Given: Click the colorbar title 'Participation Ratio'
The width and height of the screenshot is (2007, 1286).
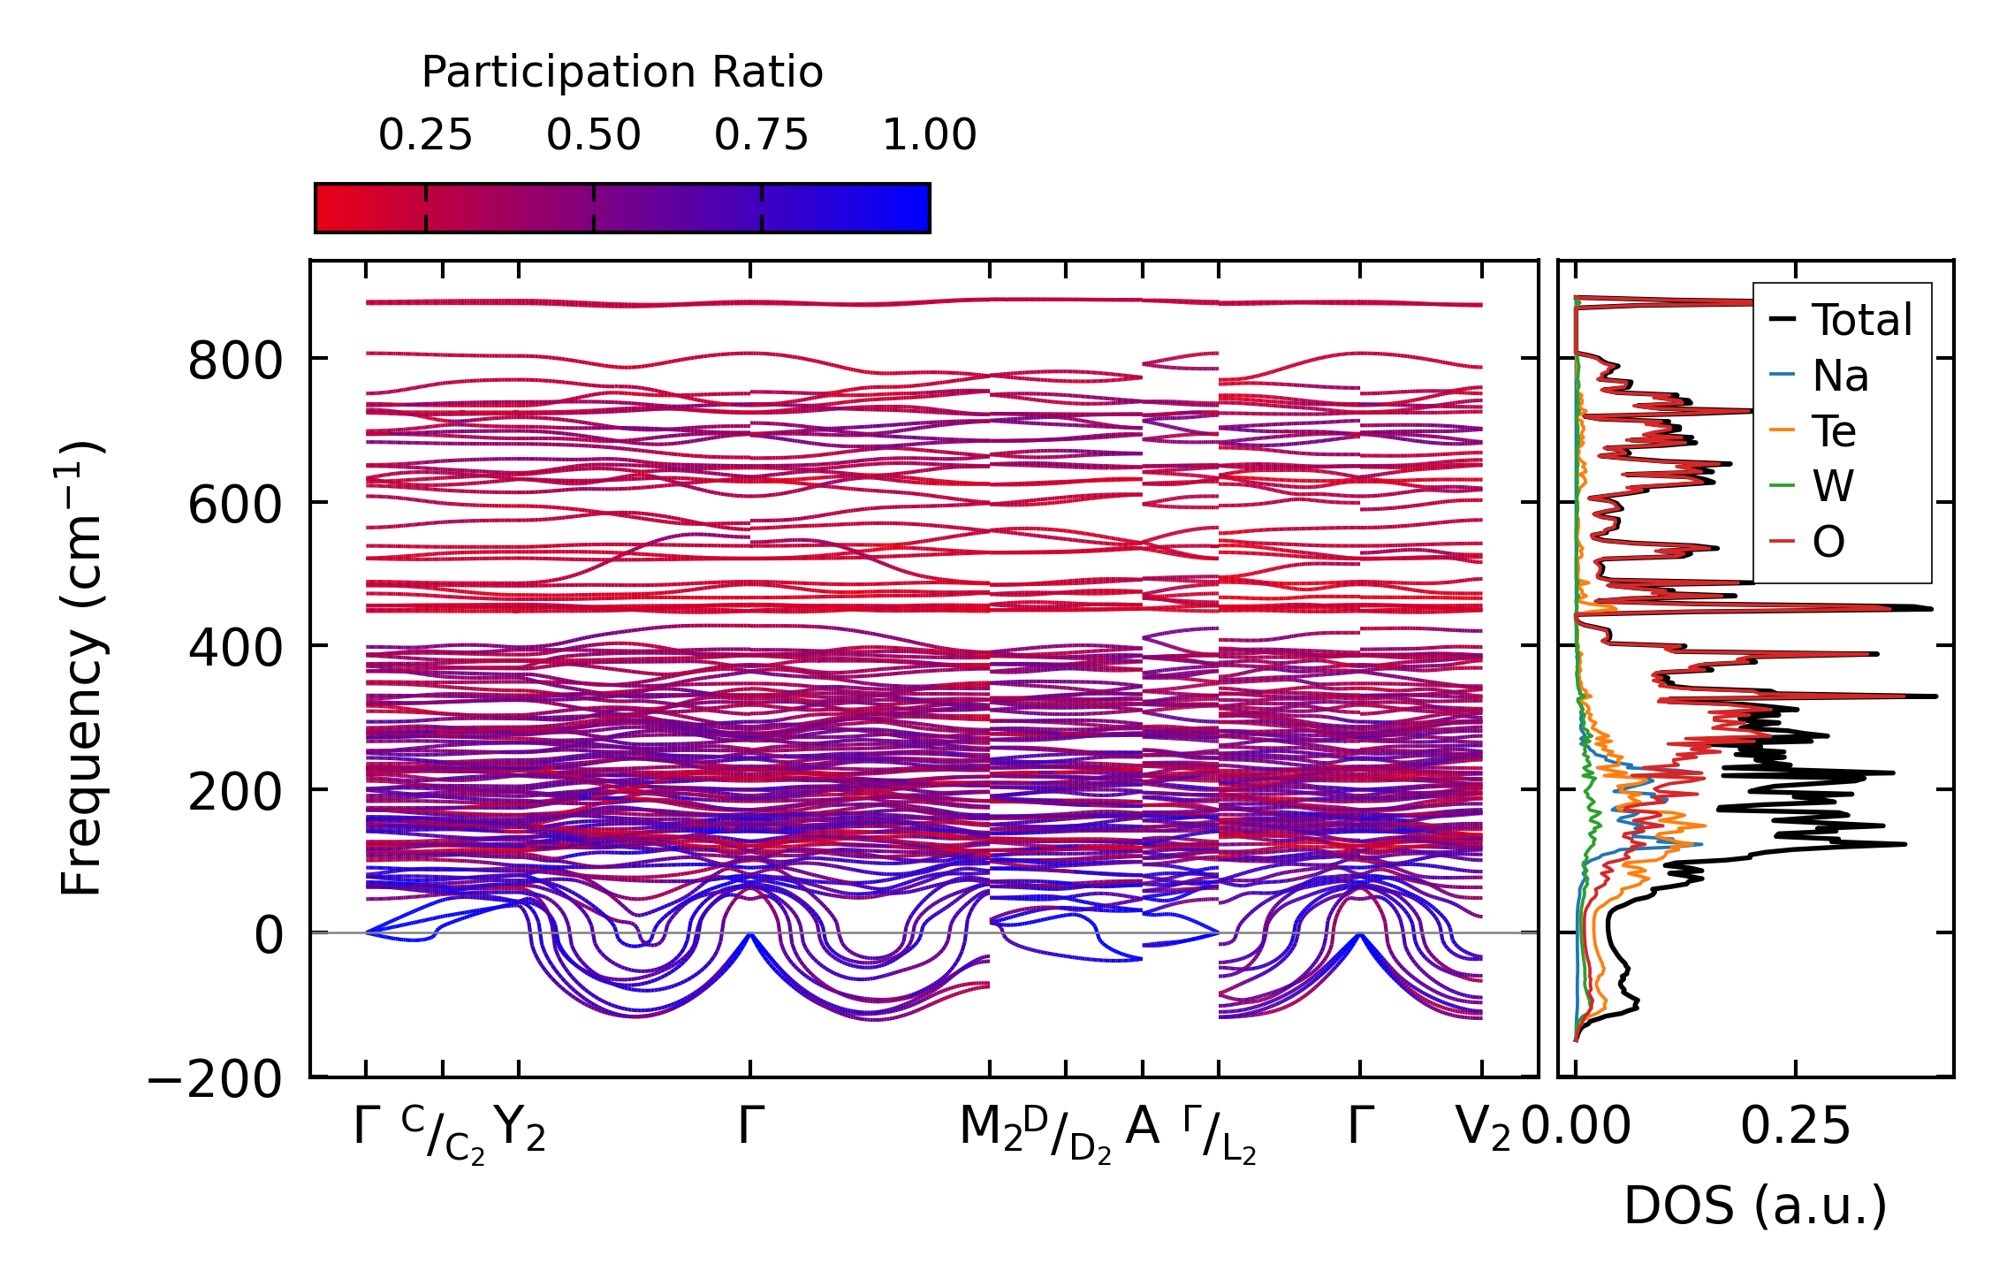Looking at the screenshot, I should click(622, 72).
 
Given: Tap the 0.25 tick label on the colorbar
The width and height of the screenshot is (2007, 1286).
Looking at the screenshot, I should click(425, 135).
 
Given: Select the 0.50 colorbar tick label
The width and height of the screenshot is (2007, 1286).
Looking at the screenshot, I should click(593, 135).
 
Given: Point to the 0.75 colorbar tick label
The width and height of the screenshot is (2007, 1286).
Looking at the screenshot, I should click(761, 135).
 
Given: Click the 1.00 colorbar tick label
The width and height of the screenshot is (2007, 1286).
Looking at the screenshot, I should click(929, 135).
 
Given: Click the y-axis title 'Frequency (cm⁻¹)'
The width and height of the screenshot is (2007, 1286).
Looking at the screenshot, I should click(81, 668).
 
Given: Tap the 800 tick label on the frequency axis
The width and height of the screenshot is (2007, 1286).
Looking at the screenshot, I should click(235, 361).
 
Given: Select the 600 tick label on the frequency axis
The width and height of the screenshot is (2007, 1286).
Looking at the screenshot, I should click(235, 506).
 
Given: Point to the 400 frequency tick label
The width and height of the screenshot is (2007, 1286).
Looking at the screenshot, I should click(235, 649).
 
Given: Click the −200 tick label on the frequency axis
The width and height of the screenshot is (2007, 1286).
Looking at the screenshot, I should click(215, 1080).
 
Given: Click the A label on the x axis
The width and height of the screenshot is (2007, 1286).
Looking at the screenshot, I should click(1142, 1127).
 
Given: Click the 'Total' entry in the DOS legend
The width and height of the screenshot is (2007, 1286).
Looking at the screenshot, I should click(1861, 320).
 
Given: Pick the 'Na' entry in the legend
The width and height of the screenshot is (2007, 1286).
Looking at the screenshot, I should click(1840, 376).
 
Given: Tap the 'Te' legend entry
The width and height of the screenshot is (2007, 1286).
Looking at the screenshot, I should click(1834, 431).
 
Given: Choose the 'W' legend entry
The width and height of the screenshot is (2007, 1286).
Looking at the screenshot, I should click(1833, 486).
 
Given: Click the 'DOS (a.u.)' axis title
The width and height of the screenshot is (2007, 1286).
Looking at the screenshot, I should click(1755, 1206).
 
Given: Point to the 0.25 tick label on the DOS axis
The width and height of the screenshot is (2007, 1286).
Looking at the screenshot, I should click(1795, 1127).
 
